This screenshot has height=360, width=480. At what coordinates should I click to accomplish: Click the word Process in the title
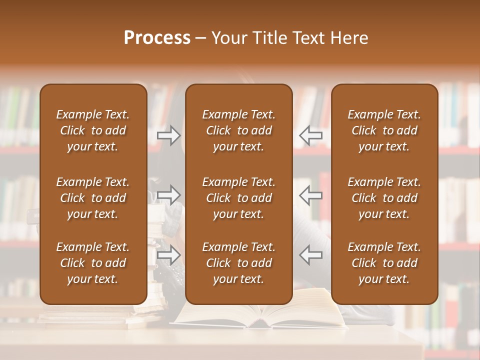(157, 38)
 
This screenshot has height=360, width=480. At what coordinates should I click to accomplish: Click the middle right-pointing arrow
(169, 195)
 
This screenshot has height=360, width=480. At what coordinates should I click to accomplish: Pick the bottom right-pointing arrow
(169, 255)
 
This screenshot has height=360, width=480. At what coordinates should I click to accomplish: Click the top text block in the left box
(93, 130)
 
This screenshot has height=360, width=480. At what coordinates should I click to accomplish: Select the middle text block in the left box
(93, 198)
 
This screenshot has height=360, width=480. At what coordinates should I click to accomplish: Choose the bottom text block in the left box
(93, 263)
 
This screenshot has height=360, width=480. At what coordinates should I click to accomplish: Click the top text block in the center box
(238, 130)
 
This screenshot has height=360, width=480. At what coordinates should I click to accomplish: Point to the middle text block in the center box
(238, 198)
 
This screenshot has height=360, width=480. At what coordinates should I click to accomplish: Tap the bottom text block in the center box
(238, 263)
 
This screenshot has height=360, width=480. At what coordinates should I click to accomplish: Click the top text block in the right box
(384, 130)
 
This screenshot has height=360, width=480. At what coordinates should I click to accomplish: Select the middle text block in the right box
(384, 198)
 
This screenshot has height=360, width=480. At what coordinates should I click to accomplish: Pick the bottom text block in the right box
(384, 263)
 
